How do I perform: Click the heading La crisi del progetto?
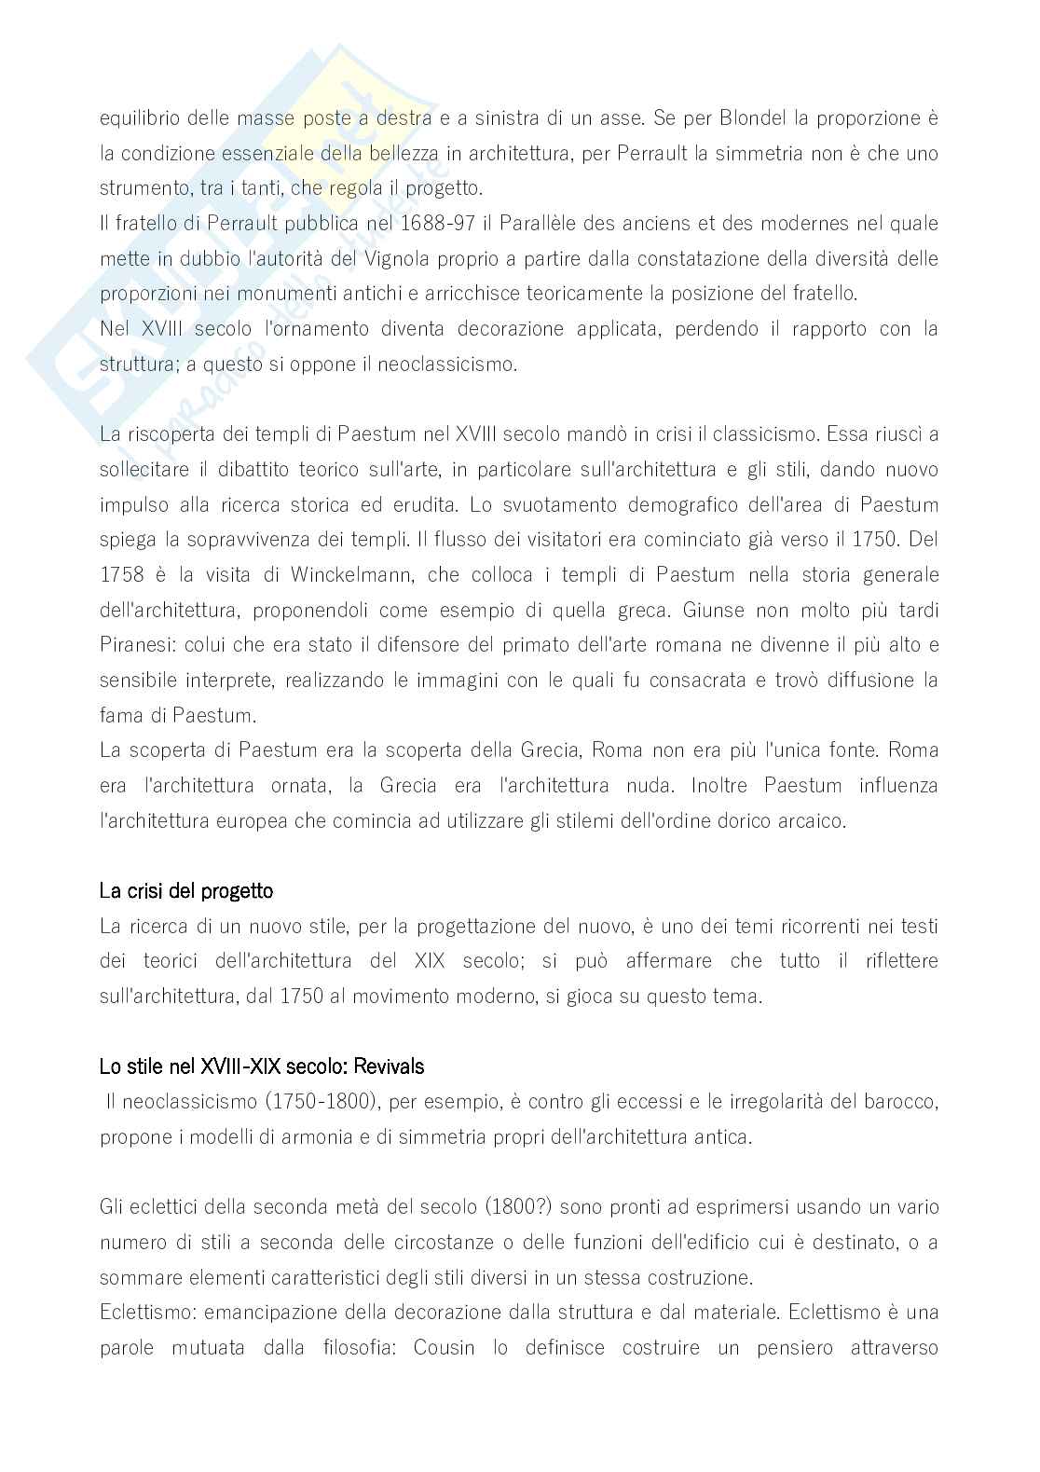186,891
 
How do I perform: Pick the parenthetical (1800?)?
519,1207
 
